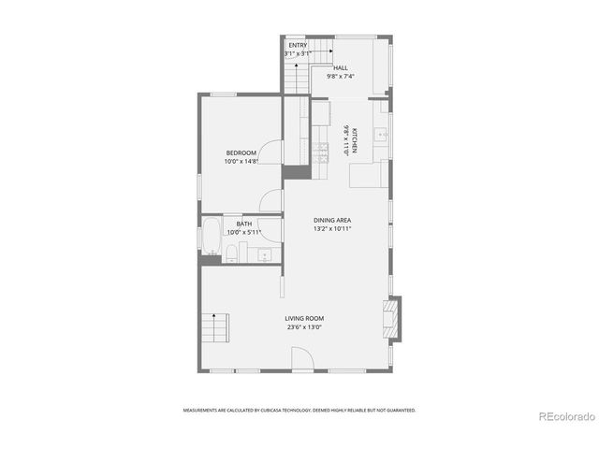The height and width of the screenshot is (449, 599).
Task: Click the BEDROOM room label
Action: [241, 152]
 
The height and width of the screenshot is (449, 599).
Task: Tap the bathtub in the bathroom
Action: [211, 239]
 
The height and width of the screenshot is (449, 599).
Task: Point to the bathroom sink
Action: [265, 253]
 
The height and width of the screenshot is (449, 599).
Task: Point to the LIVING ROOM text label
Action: [304, 319]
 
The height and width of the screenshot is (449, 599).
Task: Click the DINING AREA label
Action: [332, 220]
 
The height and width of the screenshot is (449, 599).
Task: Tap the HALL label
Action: [341, 68]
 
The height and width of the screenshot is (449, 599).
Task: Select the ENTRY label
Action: [297, 46]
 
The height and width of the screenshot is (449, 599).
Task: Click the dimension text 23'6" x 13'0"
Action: [304, 327]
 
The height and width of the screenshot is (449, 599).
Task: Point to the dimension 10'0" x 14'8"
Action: [241, 161]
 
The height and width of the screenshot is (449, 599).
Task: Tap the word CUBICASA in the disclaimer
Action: [282, 410]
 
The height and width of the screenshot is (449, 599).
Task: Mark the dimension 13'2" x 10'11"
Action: [332, 228]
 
